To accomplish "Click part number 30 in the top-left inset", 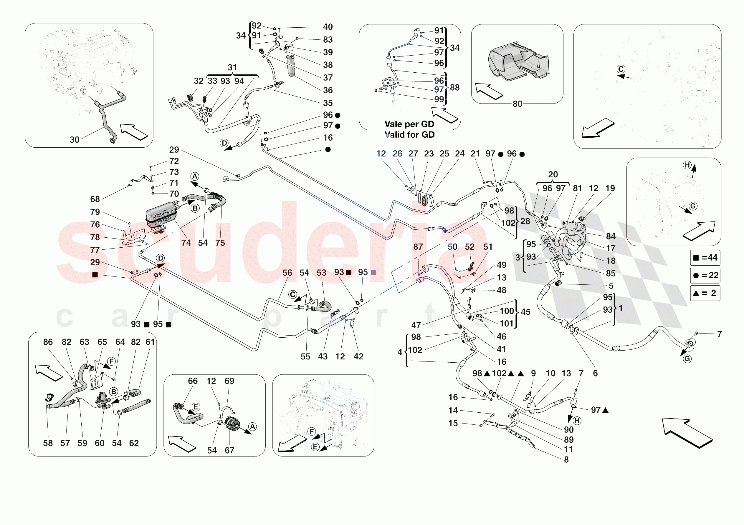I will [75, 140].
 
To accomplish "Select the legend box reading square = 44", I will [705, 258].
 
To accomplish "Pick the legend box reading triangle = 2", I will [705, 293].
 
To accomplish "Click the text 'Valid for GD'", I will [409, 135].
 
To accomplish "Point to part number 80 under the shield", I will [517, 104].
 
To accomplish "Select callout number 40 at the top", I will [328, 27].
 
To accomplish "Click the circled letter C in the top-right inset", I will [621, 69].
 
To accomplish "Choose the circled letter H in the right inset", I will [687, 165].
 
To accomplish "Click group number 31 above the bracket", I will [232, 67].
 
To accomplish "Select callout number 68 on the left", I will [95, 199].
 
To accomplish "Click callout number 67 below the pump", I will [229, 450].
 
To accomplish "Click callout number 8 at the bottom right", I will [566, 459].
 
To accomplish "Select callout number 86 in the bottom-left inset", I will [48, 342].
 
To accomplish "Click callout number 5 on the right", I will [611, 286].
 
